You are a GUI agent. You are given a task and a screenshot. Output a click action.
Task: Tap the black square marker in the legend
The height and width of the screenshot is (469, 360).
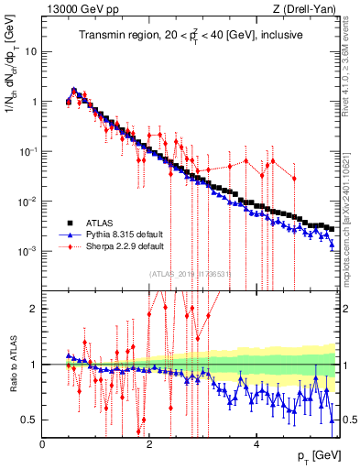69,222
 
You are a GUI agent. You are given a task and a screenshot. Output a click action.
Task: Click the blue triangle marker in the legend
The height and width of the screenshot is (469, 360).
69,234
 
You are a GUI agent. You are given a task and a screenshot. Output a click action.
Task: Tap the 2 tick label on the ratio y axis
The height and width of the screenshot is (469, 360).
34,309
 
